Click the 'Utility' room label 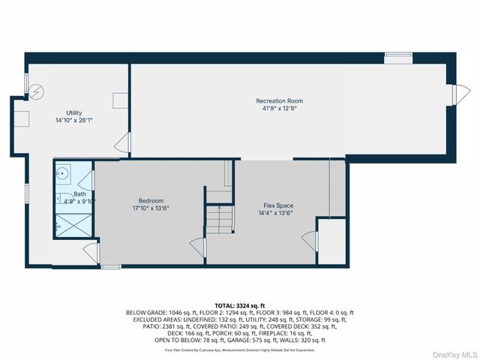tap(73, 112)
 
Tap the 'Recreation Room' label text tap(279, 100)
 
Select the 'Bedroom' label tap(151, 200)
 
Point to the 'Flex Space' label tap(277, 205)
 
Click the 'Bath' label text tap(79, 194)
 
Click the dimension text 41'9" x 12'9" tap(279, 108)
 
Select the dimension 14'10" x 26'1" tap(73, 119)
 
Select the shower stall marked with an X tap(73, 223)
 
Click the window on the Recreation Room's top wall tap(398, 55)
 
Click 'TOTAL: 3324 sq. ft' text tap(240, 306)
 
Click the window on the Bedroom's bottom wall tap(111, 266)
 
